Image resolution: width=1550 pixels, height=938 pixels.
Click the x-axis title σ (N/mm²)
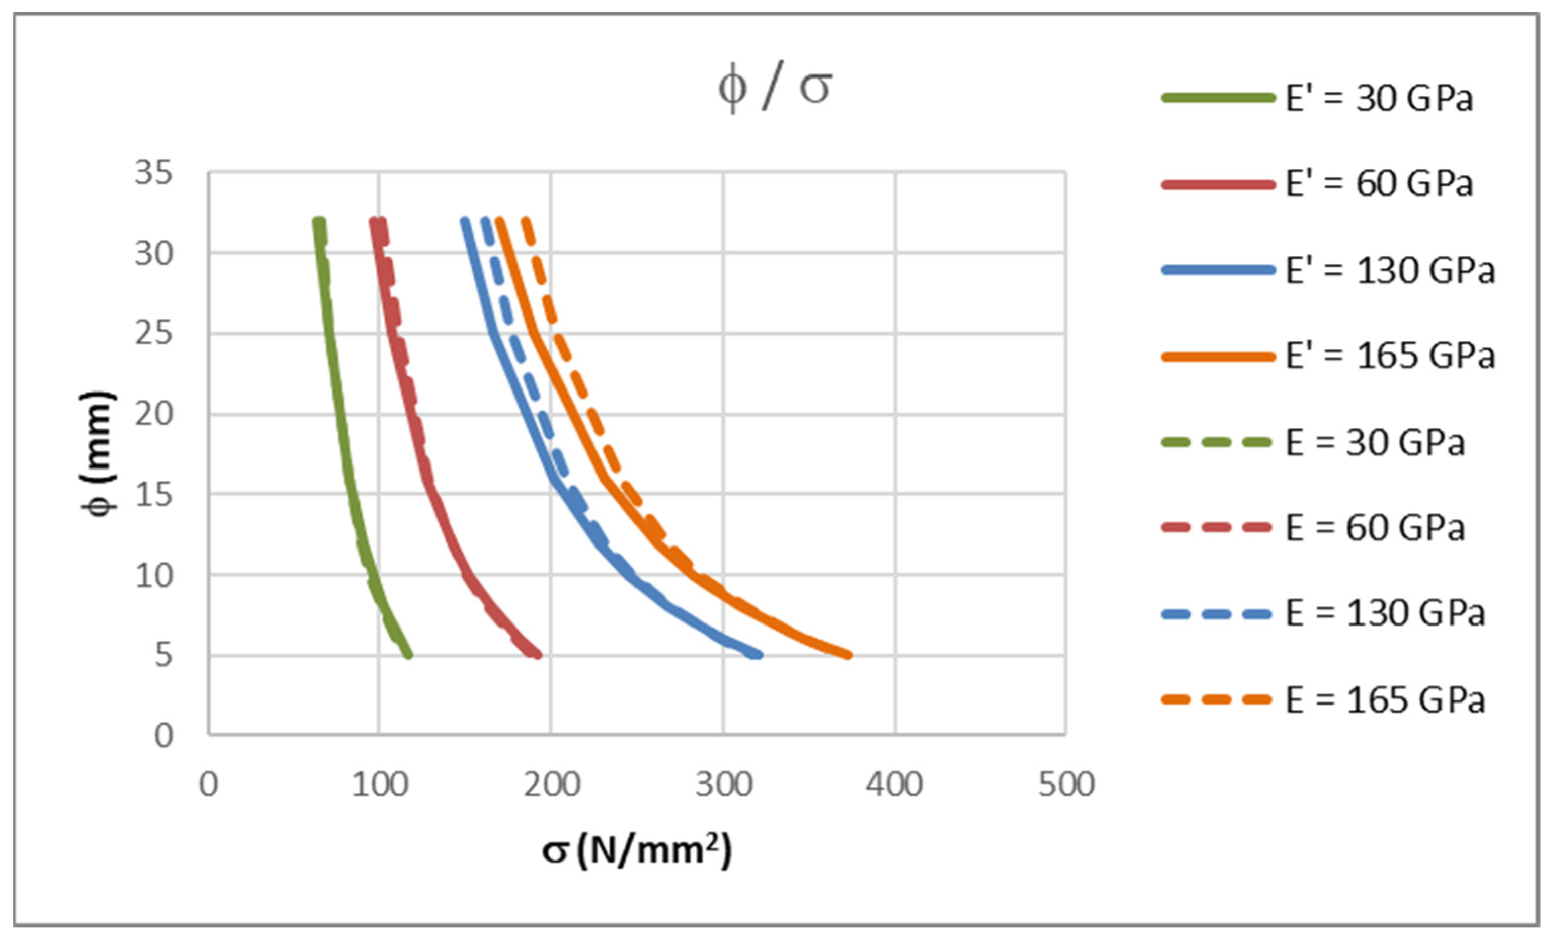[x=637, y=850]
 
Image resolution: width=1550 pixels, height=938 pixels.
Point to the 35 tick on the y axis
[x=153, y=172]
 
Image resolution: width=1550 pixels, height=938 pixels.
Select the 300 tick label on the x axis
[x=724, y=785]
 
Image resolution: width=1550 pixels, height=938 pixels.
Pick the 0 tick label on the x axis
[x=208, y=785]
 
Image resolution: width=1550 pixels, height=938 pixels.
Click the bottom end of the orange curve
[x=849, y=655]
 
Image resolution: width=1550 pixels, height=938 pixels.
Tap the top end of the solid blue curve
[x=465, y=221]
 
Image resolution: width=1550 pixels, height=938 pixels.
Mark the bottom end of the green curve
[x=409, y=655]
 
